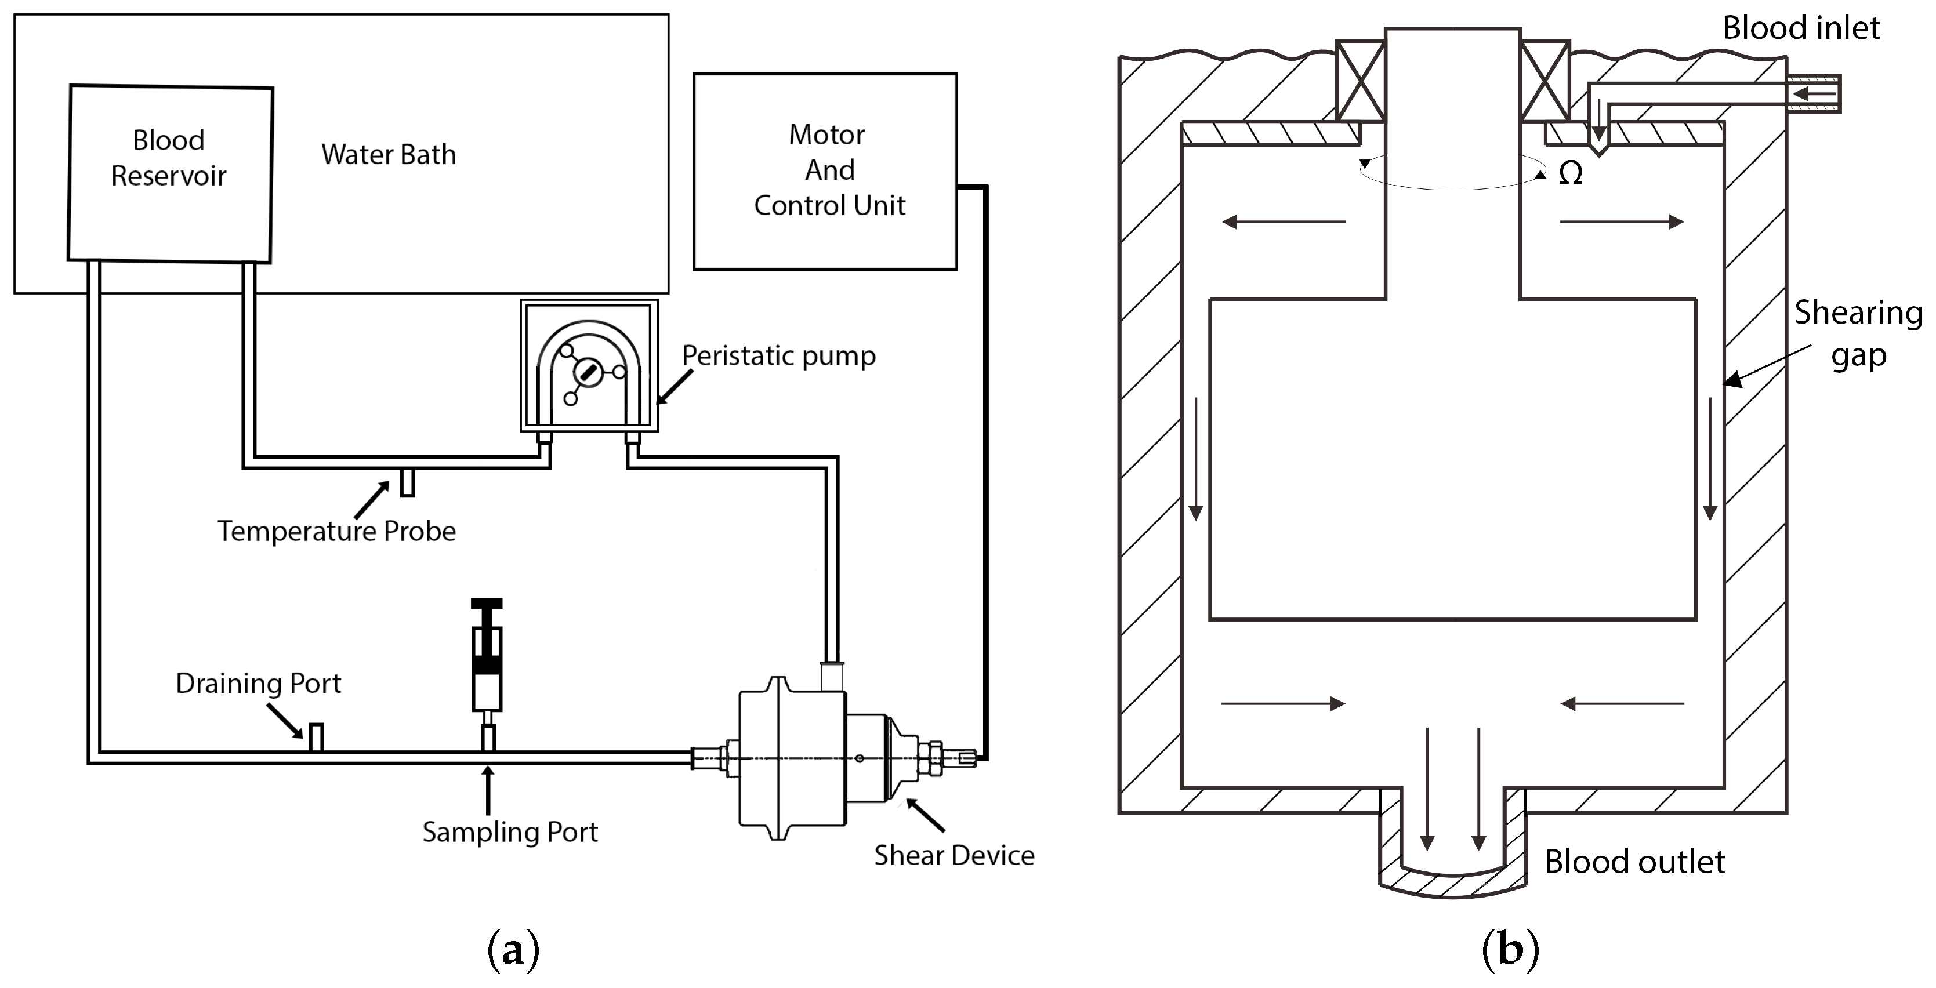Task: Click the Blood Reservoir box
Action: [170, 173]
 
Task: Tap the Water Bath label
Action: [389, 154]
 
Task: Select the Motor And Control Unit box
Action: [825, 171]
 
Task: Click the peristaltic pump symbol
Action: [589, 366]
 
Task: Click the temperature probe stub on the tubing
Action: [407, 482]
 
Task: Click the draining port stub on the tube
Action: [317, 736]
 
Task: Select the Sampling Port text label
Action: [510, 831]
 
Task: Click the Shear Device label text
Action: [954, 855]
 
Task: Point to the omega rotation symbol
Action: [1570, 173]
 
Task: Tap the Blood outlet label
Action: [1634, 862]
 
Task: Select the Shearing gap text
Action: [1857, 333]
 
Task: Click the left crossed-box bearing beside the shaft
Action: [1359, 81]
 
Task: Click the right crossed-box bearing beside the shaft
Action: [1545, 81]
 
